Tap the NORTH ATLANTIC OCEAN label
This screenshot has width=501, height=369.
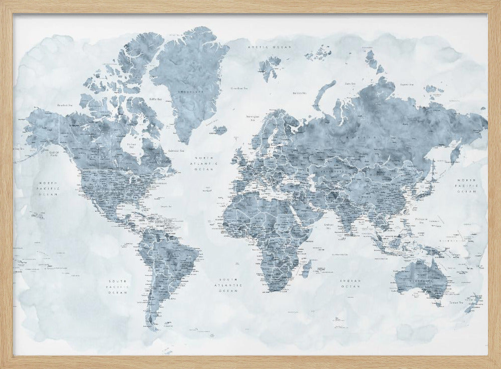coord(206,163)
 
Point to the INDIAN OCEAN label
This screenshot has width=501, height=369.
coord(350,283)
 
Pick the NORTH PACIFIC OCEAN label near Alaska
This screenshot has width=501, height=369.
coord(49,188)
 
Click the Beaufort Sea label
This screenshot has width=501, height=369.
coord(66,105)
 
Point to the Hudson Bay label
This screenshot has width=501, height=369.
coord(132,147)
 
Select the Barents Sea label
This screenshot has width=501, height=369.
coord(299,93)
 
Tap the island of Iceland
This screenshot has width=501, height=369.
coord(219,130)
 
